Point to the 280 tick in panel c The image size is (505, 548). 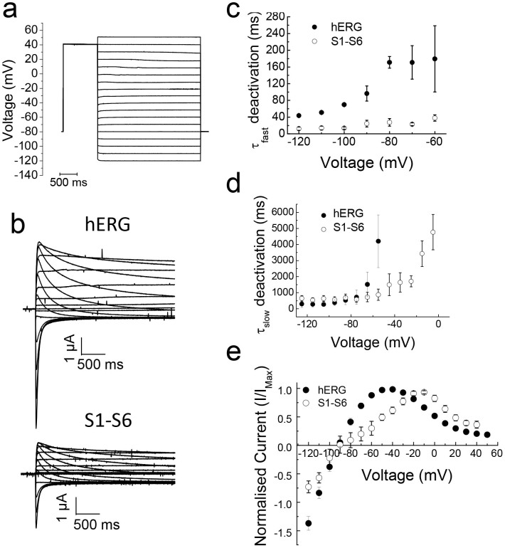coord(285,15)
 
